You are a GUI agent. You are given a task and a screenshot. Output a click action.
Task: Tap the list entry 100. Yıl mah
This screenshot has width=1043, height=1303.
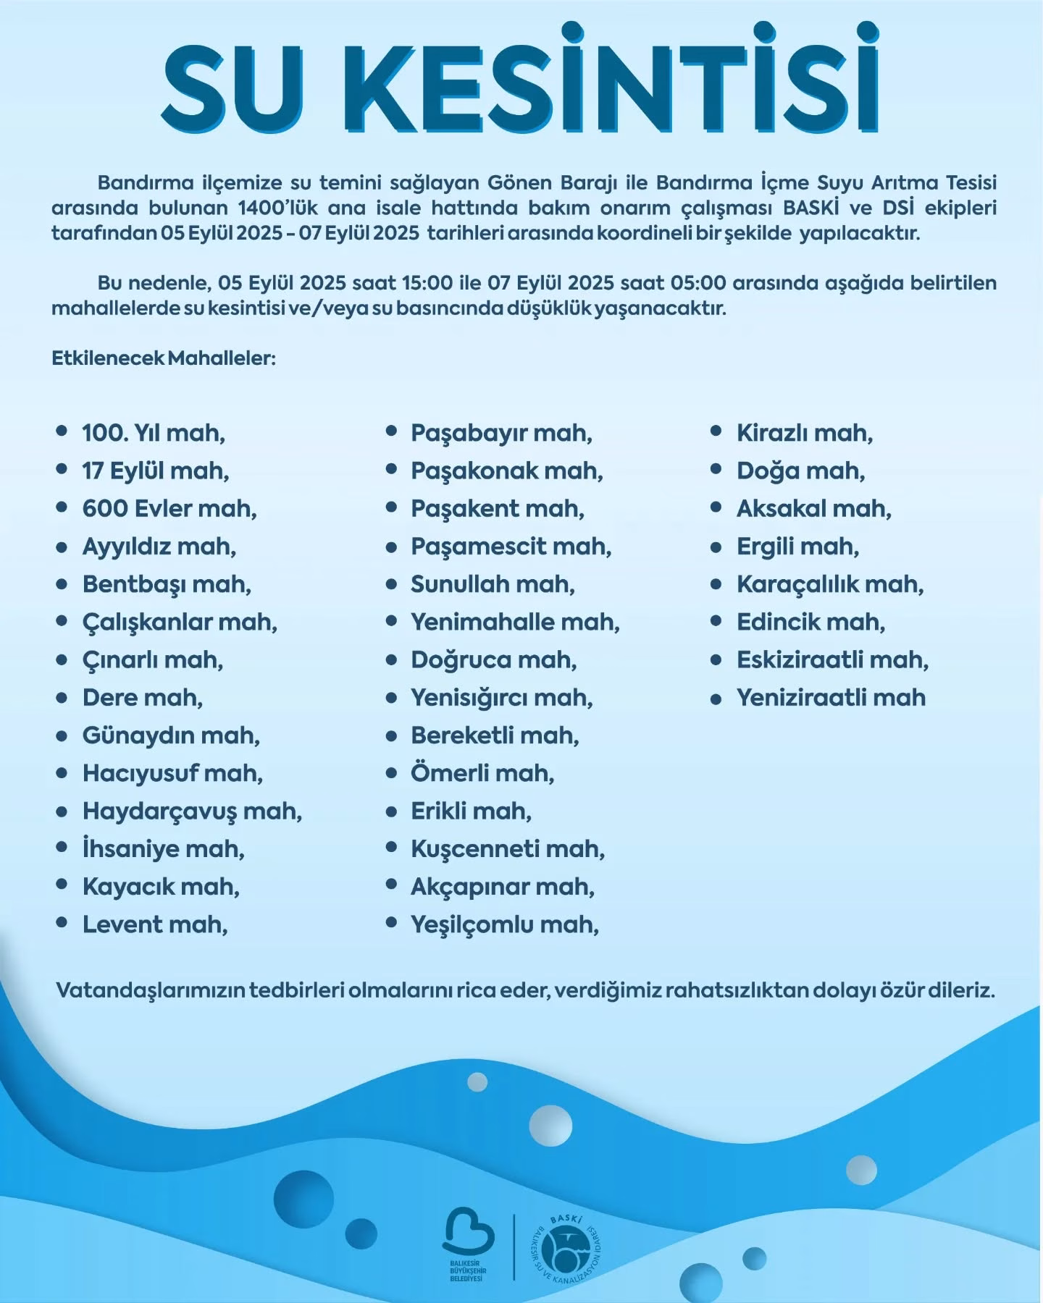coord(153,433)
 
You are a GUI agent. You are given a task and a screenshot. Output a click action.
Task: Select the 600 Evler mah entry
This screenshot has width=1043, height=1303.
coord(169,508)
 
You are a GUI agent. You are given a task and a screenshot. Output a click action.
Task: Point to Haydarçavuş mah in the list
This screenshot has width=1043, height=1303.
coord(192,811)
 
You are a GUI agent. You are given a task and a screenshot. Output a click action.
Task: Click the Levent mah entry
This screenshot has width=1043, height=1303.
coord(154,924)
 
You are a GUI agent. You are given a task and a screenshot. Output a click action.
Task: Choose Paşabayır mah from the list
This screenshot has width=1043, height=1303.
coord(501,433)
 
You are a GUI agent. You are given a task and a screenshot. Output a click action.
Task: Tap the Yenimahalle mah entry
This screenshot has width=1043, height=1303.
coord(515,622)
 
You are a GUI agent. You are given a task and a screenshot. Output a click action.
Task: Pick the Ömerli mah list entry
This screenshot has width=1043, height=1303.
coord(482,773)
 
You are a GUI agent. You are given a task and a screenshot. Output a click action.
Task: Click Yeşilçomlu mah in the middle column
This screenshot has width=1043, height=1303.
coord(505,924)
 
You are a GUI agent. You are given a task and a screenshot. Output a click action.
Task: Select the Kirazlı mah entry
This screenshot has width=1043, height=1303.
coord(805,433)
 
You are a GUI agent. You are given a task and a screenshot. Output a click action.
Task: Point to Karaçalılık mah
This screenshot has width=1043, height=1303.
coord(830,584)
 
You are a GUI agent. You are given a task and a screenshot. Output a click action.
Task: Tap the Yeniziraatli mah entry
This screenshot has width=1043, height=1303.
coord(831,698)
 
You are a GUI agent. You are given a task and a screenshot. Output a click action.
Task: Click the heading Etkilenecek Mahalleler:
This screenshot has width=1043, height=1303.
coord(164,358)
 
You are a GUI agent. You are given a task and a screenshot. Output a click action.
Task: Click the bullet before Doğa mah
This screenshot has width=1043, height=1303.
coord(716,471)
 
